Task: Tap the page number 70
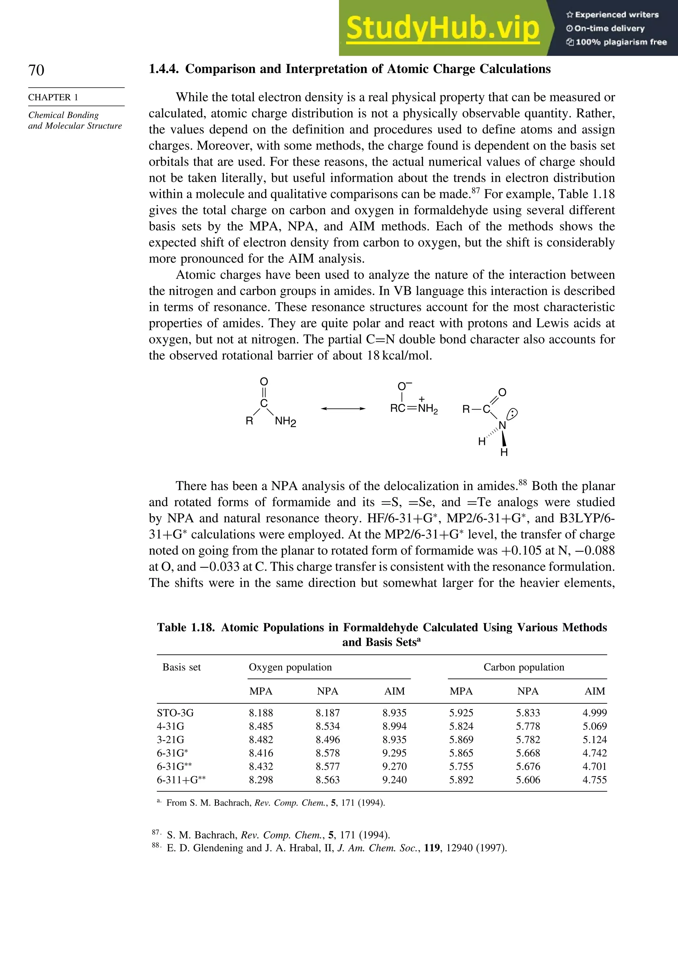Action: (36, 70)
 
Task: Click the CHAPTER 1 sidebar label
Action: (53, 97)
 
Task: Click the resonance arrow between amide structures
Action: (343, 409)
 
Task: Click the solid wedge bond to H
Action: (503, 439)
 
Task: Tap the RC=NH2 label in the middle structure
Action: (414, 409)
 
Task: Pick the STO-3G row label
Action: (175, 713)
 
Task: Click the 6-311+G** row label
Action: (181, 780)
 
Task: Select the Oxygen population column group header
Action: (290, 667)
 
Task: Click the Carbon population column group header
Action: (524, 667)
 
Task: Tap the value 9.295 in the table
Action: (395, 753)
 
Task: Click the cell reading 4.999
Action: (595, 713)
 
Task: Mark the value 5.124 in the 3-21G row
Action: (595, 739)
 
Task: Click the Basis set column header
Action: (181, 667)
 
